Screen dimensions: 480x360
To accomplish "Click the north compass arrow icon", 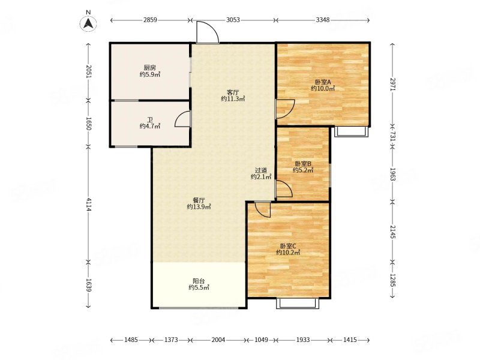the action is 88,23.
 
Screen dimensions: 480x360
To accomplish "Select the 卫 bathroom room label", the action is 150,119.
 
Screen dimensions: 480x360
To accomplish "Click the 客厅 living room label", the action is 233,92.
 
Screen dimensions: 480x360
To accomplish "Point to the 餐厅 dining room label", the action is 199,200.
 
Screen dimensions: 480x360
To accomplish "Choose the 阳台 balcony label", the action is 199,281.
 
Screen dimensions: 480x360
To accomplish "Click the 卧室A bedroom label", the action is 323,82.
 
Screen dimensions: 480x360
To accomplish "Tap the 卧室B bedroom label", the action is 303,164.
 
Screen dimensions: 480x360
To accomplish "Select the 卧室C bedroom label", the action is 288,246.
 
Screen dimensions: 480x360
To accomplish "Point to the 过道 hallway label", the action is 261,170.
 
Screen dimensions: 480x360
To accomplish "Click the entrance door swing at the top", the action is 208,32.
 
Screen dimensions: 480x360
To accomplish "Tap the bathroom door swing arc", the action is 182,119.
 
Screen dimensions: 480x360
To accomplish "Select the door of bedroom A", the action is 285,109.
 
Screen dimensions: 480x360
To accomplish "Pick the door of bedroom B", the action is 284,188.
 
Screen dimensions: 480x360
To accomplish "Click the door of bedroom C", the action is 263,209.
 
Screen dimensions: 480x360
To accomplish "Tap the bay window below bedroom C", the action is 298,303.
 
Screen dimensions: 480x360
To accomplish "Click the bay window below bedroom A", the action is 351,131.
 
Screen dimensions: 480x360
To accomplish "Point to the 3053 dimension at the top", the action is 233,20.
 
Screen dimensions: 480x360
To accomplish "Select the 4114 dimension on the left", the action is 88,205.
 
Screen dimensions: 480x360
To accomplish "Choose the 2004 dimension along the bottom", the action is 218,340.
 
